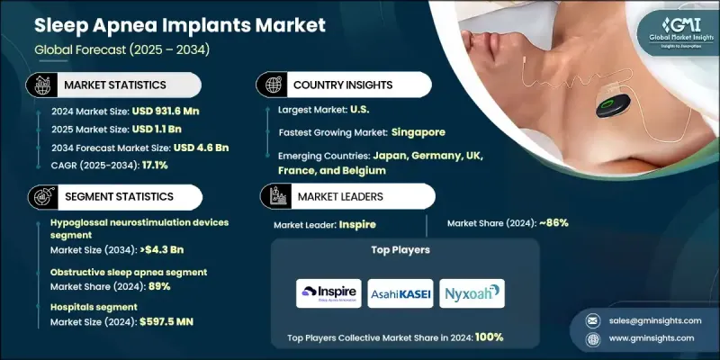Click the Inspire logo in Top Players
coord(328,293)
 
